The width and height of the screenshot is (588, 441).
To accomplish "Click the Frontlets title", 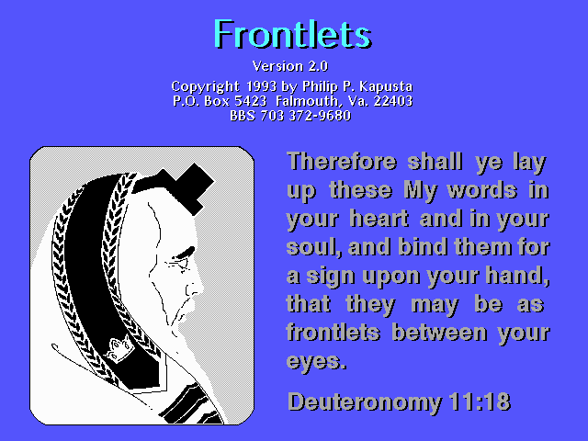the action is pyautogui.click(x=292, y=34).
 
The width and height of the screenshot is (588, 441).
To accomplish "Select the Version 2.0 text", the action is pyautogui.click(x=290, y=66).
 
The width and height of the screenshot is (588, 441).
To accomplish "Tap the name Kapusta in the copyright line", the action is pyautogui.click(x=386, y=87).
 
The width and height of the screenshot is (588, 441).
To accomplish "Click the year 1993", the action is pyautogui.click(x=261, y=86).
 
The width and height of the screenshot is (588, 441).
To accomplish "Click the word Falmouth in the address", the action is pyautogui.click(x=307, y=101).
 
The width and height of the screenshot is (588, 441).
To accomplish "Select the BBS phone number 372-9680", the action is pyautogui.click(x=320, y=116).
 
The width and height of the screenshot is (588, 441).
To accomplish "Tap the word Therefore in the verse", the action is pyautogui.click(x=342, y=162).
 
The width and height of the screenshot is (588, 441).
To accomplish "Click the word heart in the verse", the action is pyautogui.click(x=379, y=219).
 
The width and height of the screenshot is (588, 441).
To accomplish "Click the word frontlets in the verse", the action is pyautogui.click(x=334, y=333).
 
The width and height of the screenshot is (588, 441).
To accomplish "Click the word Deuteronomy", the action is pyautogui.click(x=365, y=402).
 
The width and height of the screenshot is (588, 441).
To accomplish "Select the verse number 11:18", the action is pyautogui.click(x=481, y=401).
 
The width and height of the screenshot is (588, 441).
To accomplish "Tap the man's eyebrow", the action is pyautogui.click(x=184, y=254).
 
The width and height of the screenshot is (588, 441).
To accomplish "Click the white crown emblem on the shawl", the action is pyautogui.click(x=119, y=348).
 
